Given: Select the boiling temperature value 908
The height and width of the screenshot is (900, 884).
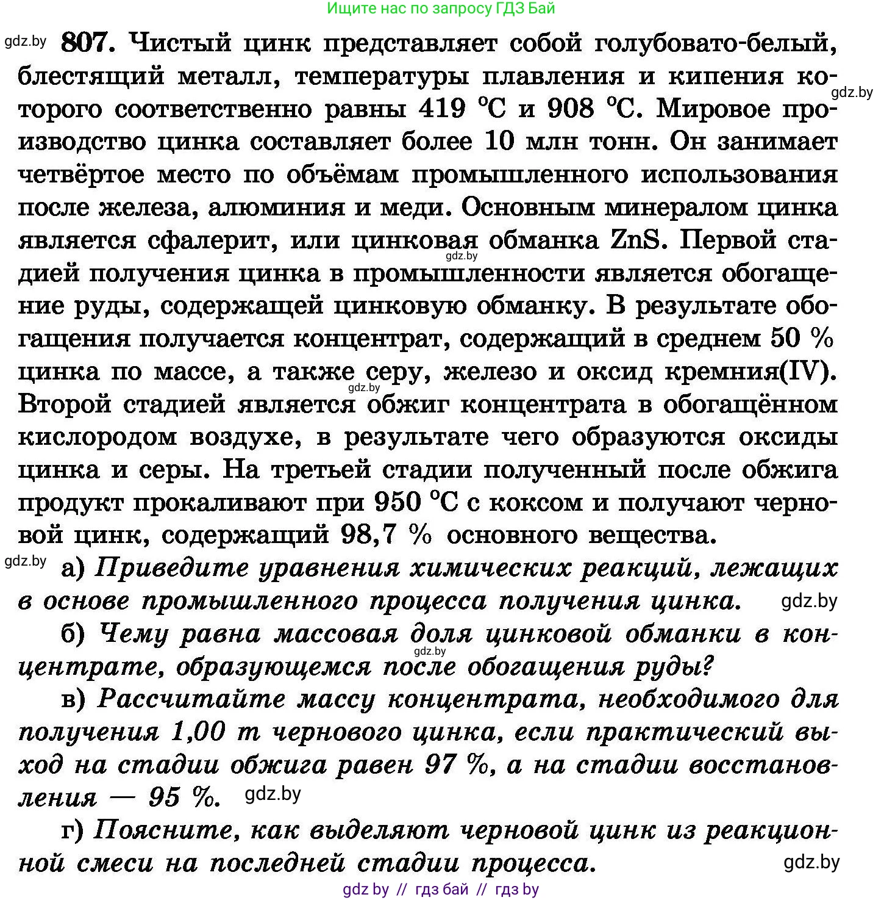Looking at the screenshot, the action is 571,109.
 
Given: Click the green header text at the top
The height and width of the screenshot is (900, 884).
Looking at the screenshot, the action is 441,8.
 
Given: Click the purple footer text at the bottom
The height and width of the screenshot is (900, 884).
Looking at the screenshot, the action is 441,890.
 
